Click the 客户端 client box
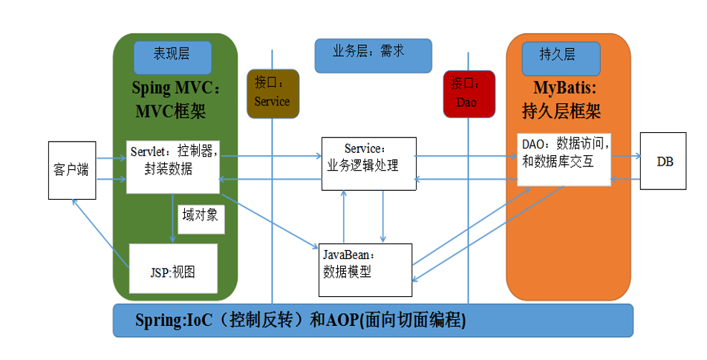[x=72, y=170]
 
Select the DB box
[x=665, y=161]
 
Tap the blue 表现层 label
[x=172, y=55]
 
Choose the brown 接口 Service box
[x=272, y=94]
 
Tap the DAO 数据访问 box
[x=563, y=159]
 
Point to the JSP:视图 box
[x=173, y=269]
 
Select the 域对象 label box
[x=201, y=216]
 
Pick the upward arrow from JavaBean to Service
[x=343, y=216]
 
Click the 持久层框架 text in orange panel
[x=561, y=111]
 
